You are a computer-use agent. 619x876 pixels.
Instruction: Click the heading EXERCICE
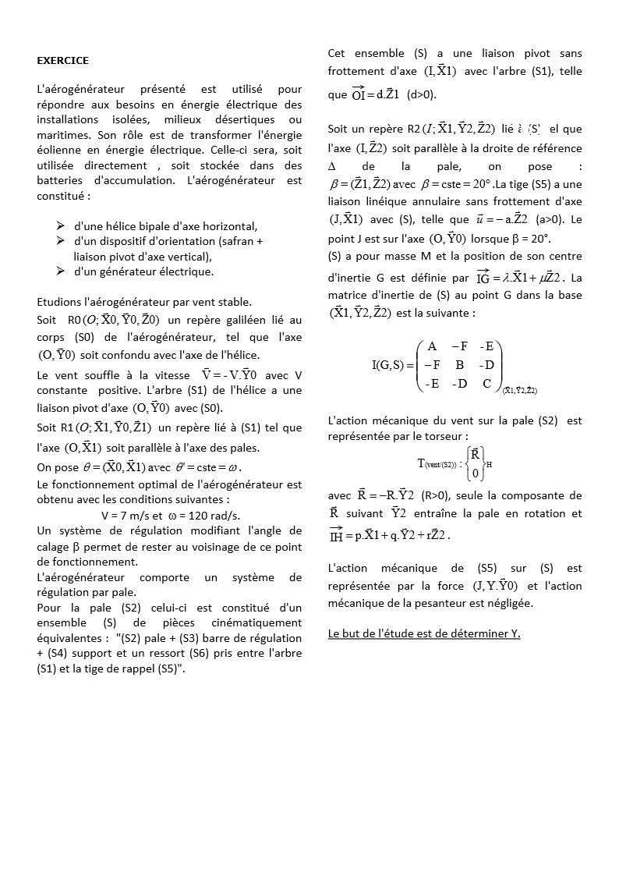tap(63, 60)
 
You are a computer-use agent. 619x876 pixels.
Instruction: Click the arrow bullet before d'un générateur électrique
tap(60, 271)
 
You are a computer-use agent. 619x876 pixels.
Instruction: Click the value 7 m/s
tap(129, 516)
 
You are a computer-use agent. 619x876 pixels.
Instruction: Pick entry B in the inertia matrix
tap(459, 364)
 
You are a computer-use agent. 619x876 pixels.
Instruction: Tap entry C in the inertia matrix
tap(486, 383)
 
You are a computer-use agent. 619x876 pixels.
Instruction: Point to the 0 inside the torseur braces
tap(474, 473)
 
